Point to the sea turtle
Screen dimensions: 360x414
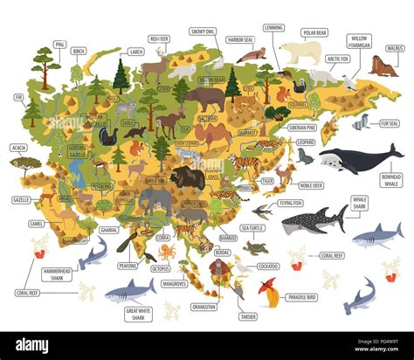254,247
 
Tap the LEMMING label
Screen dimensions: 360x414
273,28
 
